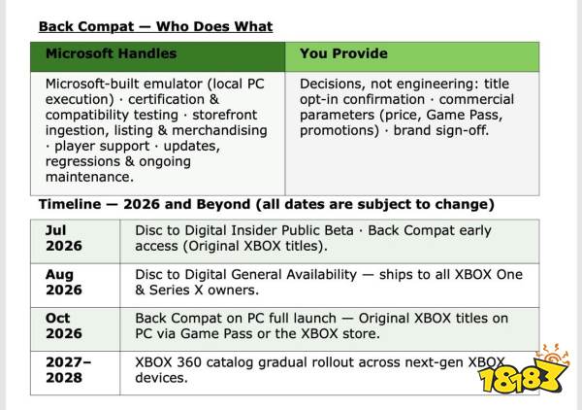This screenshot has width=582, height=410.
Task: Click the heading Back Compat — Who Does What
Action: click(x=155, y=26)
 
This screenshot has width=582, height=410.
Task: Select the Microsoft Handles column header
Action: click(x=111, y=53)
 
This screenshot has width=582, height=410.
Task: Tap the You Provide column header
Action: click(x=343, y=53)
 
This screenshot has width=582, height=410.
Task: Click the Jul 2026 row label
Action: click(x=63, y=238)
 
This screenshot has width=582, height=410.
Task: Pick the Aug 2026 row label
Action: click(x=63, y=282)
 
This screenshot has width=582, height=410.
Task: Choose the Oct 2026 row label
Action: click(x=63, y=325)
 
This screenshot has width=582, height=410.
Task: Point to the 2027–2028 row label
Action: click(x=68, y=370)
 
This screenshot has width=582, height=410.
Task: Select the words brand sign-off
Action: click(x=441, y=130)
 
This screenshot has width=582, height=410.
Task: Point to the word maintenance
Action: click(x=89, y=177)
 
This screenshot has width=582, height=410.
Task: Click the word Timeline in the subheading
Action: click(x=70, y=204)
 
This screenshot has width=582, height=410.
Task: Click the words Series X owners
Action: click(x=204, y=290)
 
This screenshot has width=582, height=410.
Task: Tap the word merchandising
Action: click(x=219, y=131)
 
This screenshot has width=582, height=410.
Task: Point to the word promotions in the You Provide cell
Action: click(x=339, y=131)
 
